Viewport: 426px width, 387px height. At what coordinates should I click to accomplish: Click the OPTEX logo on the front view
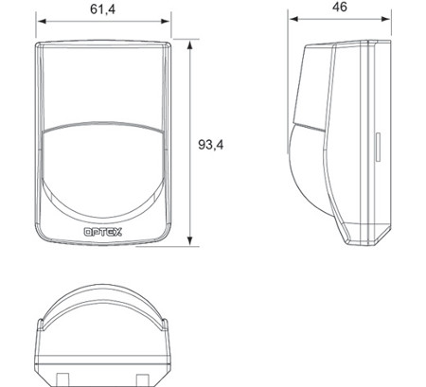point(104,230)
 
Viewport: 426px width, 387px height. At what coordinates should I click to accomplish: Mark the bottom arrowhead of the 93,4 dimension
point(192,241)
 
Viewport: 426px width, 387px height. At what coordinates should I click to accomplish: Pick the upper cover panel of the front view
point(104,85)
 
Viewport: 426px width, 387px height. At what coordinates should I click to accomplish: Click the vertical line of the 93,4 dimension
point(192,95)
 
